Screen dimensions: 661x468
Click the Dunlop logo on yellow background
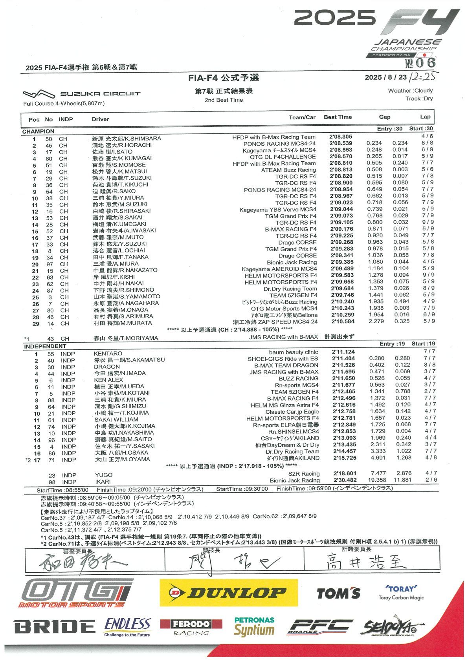[x=228, y=592]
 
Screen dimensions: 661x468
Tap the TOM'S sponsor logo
[x=338, y=593]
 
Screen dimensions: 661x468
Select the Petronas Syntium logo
[x=254, y=626]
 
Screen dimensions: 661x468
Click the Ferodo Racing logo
[x=191, y=627]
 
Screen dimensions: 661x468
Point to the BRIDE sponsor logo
[x=55, y=626]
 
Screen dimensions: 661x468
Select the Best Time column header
[x=338, y=117]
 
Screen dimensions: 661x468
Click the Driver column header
[x=100, y=119]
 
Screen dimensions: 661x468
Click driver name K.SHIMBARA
[x=143, y=139]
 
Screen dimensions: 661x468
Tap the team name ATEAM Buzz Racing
[x=288, y=170]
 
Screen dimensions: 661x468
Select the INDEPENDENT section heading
[x=45, y=346]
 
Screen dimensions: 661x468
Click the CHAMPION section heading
[x=38, y=131]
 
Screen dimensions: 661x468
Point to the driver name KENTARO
[x=108, y=353]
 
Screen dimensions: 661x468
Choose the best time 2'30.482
[x=345, y=480]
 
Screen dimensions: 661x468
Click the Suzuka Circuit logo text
[x=100, y=93]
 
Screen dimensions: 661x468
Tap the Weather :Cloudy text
[x=410, y=90]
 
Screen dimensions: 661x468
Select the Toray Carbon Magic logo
[x=401, y=593]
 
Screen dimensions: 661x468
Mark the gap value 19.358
[x=377, y=480]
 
